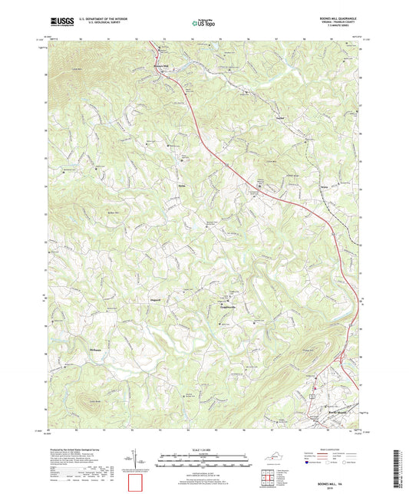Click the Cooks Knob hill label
[96, 402]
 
